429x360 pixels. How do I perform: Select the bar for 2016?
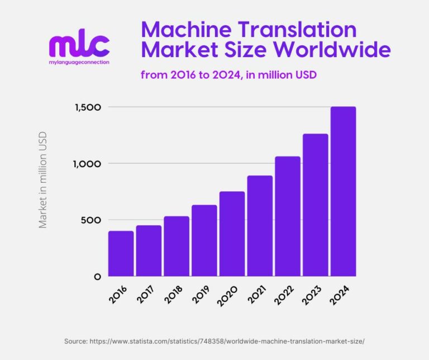click(x=121, y=253)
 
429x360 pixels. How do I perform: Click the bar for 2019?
click(x=204, y=240)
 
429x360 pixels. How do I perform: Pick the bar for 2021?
click(x=260, y=226)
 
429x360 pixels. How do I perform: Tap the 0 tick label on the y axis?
click(x=97, y=277)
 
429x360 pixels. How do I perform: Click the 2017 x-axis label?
click(x=147, y=293)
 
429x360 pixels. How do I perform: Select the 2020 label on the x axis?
click(x=230, y=293)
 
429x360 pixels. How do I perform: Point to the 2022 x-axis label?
click(x=286, y=293)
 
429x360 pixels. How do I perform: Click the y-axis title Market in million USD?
click(x=43, y=179)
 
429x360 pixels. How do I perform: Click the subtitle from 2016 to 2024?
click(x=229, y=74)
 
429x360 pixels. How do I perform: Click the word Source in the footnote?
click(x=75, y=340)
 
